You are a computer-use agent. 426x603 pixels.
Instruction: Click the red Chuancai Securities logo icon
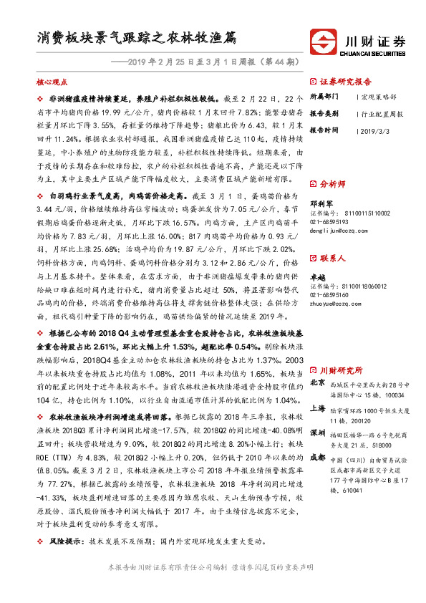323,39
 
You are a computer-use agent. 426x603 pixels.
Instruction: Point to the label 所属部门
324,97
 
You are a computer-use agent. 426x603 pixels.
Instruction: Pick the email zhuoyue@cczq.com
333,304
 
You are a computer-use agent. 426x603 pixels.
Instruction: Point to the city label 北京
316,382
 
